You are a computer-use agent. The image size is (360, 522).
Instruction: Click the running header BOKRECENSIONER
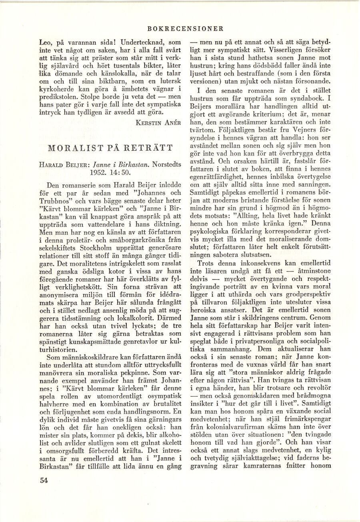tap(185, 29)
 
